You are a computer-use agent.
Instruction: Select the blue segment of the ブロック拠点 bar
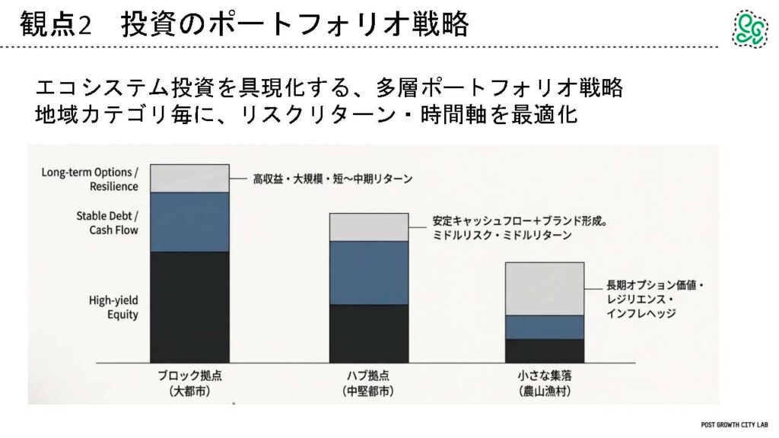click(189, 221)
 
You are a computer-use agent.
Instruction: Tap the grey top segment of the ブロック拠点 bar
click(189, 178)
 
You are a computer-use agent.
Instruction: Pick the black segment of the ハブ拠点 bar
click(369, 333)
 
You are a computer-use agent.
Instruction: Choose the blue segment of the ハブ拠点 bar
click(369, 272)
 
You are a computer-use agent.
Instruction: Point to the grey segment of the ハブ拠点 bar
click(369, 227)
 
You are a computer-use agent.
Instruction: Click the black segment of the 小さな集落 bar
click(545, 350)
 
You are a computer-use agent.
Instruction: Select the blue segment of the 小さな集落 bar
click(545, 327)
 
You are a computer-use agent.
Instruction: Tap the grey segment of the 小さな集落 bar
click(545, 289)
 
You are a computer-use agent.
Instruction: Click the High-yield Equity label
click(113, 307)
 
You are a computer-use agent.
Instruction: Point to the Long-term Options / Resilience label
click(90, 179)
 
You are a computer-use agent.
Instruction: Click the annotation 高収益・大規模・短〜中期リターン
click(332, 179)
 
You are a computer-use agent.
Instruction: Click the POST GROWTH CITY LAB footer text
click(736, 424)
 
